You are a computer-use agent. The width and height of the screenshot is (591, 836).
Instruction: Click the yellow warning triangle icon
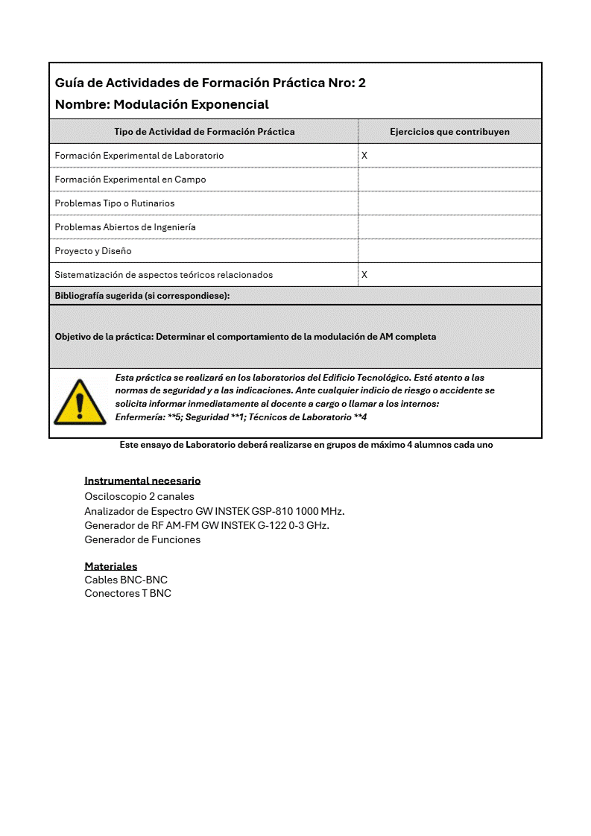coord(80,402)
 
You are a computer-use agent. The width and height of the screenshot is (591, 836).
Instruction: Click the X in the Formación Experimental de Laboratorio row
coord(364,156)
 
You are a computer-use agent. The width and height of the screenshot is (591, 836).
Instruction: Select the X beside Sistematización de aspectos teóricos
coord(364,275)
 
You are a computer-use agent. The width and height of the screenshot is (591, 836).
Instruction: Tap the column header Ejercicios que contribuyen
coord(449,132)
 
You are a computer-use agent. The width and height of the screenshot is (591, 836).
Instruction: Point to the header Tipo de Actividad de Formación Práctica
coord(204,132)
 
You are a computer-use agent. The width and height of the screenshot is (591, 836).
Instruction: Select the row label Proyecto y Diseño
coord(93,251)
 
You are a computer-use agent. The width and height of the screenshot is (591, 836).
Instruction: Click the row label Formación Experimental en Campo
coord(130,180)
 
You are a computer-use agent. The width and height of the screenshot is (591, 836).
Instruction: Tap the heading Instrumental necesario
coord(142,481)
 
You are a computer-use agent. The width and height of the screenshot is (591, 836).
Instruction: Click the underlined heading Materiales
coord(110,566)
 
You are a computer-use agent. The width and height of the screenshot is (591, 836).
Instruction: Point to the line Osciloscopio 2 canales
coord(139,496)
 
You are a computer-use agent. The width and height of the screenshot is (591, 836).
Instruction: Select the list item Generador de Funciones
coord(142,539)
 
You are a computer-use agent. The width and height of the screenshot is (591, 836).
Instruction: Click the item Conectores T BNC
coord(127,593)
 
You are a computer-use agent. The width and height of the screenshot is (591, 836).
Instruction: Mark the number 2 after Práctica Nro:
coord(362,83)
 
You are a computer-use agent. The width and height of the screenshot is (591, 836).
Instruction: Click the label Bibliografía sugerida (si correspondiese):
coord(142,296)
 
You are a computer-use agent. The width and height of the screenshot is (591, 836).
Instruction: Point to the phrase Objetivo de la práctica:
coord(104,337)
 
